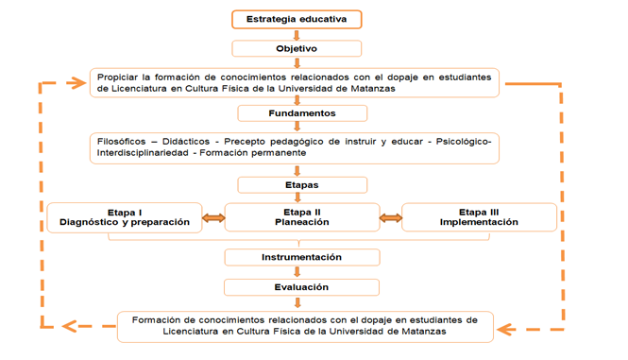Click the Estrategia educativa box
click(x=297, y=19)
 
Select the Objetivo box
click(x=297, y=48)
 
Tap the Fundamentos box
click(x=301, y=113)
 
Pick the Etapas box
click(x=301, y=185)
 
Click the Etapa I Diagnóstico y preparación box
click(x=125, y=217)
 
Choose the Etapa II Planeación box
click(x=301, y=217)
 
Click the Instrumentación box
click(x=301, y=257)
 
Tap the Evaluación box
click(x=301, y=287)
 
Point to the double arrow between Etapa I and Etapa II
click(x=213, y=218)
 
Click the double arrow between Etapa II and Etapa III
click(x=391, y=218)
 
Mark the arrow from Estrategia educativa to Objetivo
click(x=297, y=34)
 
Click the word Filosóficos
click(x=120, y=141)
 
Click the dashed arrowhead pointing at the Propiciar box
click(x=76, y=83)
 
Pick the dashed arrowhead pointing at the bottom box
click(x=507, y=330)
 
